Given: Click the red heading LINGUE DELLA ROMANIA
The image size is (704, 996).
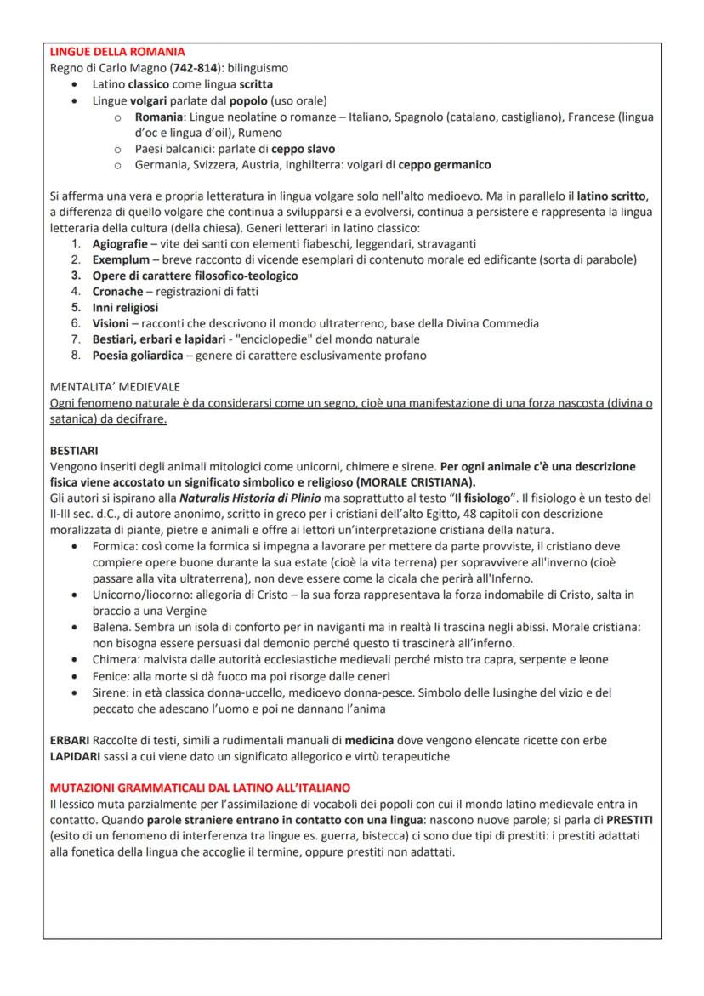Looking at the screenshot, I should click(116, 53).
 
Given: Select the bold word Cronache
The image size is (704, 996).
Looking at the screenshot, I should click(117, 291).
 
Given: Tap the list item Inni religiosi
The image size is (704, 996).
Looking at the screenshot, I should click(125, 307).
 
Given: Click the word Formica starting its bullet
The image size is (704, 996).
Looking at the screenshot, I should click(115, 546).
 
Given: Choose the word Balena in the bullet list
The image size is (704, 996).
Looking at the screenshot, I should click(112, 628).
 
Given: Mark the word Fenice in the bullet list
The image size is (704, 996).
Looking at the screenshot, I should click(111, 676).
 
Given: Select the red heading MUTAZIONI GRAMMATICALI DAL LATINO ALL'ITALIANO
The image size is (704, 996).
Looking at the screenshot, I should click(199, 788).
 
